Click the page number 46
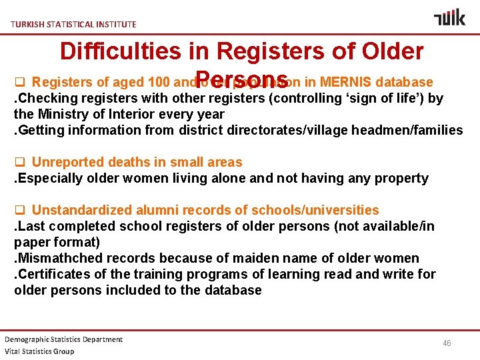pos(447,343)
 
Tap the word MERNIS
pos(346,83)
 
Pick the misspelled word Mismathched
pos(61,258)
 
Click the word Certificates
pos(50,274)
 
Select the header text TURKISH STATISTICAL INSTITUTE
pos(73,24)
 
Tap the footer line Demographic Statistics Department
pos(64,339)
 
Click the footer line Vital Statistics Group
pos(39,351)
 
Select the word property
pos(402,178)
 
